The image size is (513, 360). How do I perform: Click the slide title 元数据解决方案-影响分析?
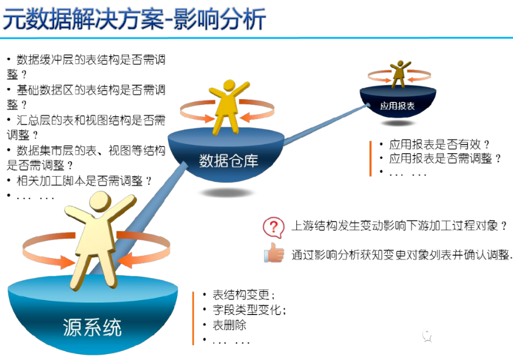pos(135,18)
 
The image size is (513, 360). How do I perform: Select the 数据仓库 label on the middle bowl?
pos(229,161)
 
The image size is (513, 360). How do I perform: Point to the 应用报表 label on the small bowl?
pos(397,106)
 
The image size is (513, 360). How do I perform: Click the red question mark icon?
pos(274,226)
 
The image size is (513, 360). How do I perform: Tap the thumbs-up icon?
pos(274,253)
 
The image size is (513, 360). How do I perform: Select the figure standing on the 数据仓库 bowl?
pos(228,105)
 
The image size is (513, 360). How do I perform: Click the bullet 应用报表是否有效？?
pos(439,145)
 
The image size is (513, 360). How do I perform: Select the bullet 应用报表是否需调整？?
pos(445,159)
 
